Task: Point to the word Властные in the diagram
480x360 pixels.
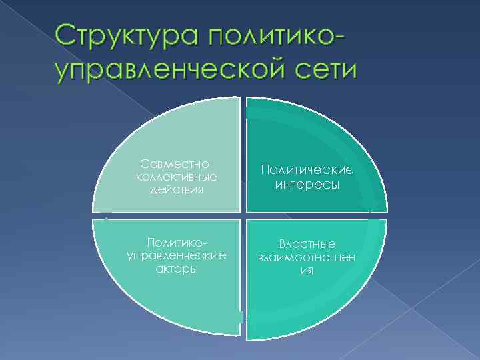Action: pyautogui.click(x=307, y=244)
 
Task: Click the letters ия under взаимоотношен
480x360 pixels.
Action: pyautogui.click(x=307, y=271)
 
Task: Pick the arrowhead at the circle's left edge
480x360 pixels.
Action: pyautogui.click(x=105, y=213)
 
